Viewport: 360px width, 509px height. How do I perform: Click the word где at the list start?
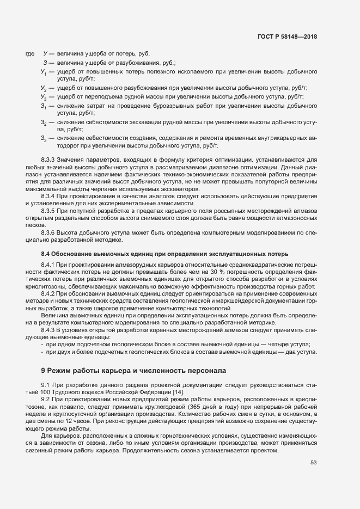coord(30,53)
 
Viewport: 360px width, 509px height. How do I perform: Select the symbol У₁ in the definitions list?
coord(43,72)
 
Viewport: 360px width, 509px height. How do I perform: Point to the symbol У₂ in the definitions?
coord(43,88)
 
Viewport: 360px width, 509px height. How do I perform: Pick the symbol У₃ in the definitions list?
coord(43,96)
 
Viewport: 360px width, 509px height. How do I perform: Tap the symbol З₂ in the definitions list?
coord(43,122)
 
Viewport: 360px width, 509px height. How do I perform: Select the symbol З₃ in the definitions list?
coord(43,139)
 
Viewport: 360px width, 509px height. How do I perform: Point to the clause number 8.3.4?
coord(50,194)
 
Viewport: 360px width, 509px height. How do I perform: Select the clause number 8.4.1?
coord(50,264)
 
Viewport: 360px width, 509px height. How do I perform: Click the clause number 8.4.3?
coord(50,330)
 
